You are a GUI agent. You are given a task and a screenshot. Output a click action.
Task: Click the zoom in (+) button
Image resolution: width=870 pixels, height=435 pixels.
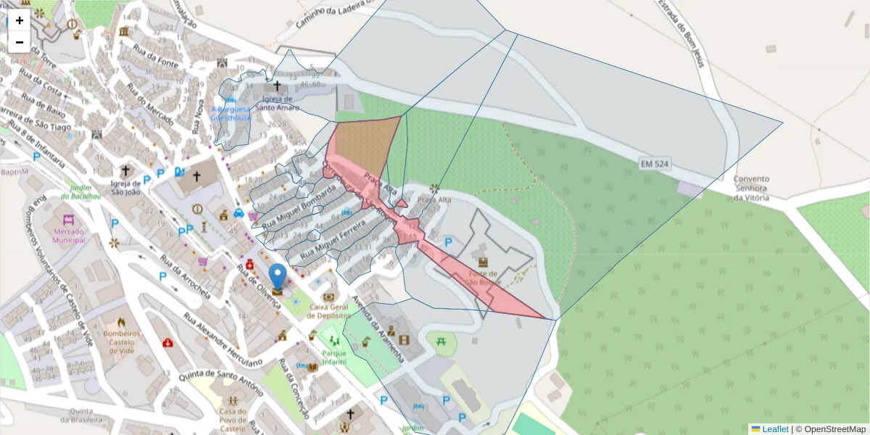coord(20,20)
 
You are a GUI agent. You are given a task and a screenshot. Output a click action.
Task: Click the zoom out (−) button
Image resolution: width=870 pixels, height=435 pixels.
coord(20,42)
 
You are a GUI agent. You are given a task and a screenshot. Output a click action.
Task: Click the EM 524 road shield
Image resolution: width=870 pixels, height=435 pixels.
coord(654,165)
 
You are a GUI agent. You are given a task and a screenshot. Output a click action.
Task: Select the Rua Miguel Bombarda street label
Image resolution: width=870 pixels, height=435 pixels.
coord(298,208)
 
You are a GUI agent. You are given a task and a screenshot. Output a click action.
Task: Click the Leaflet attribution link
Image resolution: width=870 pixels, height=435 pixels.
coord(775,428)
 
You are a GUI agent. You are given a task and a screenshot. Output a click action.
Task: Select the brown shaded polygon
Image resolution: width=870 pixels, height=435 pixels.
coord(366,145)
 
